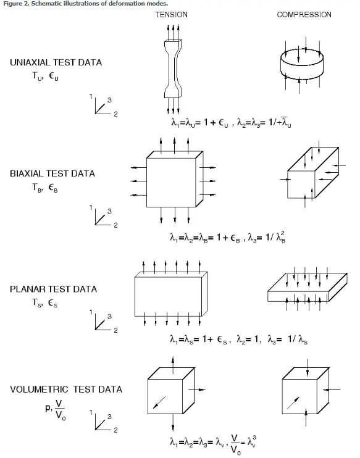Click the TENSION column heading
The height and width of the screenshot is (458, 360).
point(171,15)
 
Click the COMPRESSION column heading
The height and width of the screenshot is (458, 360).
point(304,15)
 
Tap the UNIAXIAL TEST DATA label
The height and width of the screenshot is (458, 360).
point(56,62)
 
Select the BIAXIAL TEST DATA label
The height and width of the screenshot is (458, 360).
point(52,173)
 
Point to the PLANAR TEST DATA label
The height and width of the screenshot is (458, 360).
point(53,289)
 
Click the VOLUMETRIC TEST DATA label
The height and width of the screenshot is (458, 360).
point(66,389)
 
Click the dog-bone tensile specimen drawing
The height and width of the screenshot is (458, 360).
point(174,69)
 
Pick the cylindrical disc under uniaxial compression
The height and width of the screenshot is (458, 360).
point(302,64)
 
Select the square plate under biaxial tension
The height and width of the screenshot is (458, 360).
point(175,179)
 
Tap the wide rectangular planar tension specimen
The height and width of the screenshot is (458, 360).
point(171,294)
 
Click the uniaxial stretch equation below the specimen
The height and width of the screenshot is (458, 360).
point(231,122)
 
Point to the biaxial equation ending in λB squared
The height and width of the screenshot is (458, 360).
point(228,237)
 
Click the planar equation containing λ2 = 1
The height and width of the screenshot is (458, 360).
point(239,339)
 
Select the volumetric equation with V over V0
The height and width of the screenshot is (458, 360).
point(213,444)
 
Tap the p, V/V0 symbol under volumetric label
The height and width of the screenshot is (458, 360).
point(56,409)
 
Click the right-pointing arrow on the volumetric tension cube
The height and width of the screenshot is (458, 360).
point(197,389)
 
